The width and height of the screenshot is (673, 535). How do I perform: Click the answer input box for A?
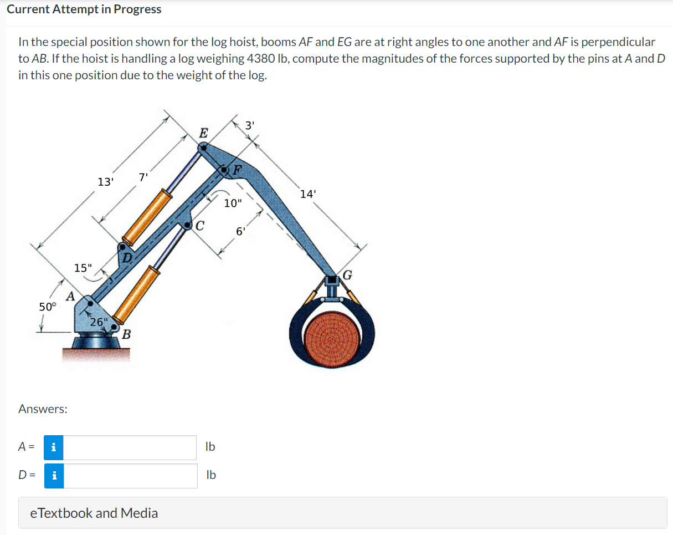[130, 447]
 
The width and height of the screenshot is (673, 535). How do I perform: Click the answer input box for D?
[130, 476]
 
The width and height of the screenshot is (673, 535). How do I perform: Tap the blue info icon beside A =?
[54, 447]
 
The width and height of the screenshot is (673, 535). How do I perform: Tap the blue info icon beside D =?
[54, 476]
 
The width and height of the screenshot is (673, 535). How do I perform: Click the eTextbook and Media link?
[94, 513]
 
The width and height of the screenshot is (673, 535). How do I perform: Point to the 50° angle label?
[48, 307]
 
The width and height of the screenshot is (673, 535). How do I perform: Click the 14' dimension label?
[309, 194]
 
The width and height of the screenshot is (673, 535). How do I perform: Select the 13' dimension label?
[105, 181]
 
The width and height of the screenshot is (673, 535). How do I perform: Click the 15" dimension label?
[84, 268]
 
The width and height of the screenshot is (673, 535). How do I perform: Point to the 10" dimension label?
[233, 203]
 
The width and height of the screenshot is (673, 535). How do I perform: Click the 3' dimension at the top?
[250, 125]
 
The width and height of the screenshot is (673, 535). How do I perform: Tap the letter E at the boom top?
[203, 134]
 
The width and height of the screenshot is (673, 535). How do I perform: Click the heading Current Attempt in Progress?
[84, 9]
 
